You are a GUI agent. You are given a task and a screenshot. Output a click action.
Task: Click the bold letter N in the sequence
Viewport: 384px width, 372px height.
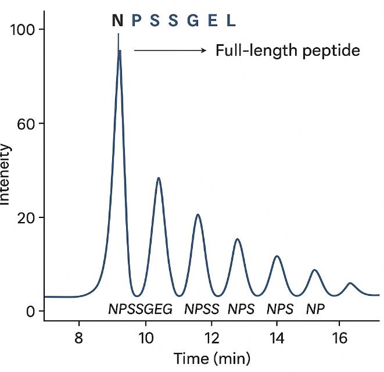(118, 22)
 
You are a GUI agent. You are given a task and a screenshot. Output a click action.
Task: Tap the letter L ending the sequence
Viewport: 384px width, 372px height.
(231, 22)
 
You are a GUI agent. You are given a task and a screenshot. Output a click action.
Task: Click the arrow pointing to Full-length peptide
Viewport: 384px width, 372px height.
(170, 51)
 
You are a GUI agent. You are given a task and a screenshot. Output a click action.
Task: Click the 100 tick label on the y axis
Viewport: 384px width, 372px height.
(24, 30)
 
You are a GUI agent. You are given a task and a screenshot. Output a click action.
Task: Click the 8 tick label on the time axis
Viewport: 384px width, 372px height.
(79, 337)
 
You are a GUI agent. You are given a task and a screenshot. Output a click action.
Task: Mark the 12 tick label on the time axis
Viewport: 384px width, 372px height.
(212, 337)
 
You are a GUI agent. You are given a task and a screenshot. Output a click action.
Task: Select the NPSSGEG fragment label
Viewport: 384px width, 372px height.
(141, 309)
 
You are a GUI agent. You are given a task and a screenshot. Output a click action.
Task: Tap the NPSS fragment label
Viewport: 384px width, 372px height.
(202, 309)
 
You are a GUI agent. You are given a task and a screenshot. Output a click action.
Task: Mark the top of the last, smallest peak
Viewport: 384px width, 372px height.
(350, 283)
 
